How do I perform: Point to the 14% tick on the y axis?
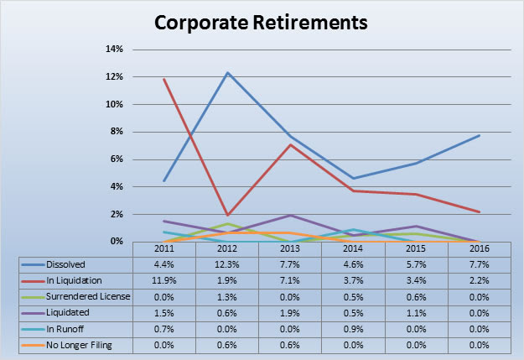[x=114, y=50]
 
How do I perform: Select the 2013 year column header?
[x=290, y=249]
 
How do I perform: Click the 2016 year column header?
[x=478, y=249]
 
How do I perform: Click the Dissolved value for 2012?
[x=227, y=264]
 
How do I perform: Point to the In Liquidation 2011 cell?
[x=165, y=281]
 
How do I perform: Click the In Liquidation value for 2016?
[x=478, y=281]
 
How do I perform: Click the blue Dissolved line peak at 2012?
[x=227, y=72]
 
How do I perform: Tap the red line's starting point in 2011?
[x=164, y=79]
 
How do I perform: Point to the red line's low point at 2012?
[x=227, y=215]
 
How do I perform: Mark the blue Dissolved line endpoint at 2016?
[x=478, y=135]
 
